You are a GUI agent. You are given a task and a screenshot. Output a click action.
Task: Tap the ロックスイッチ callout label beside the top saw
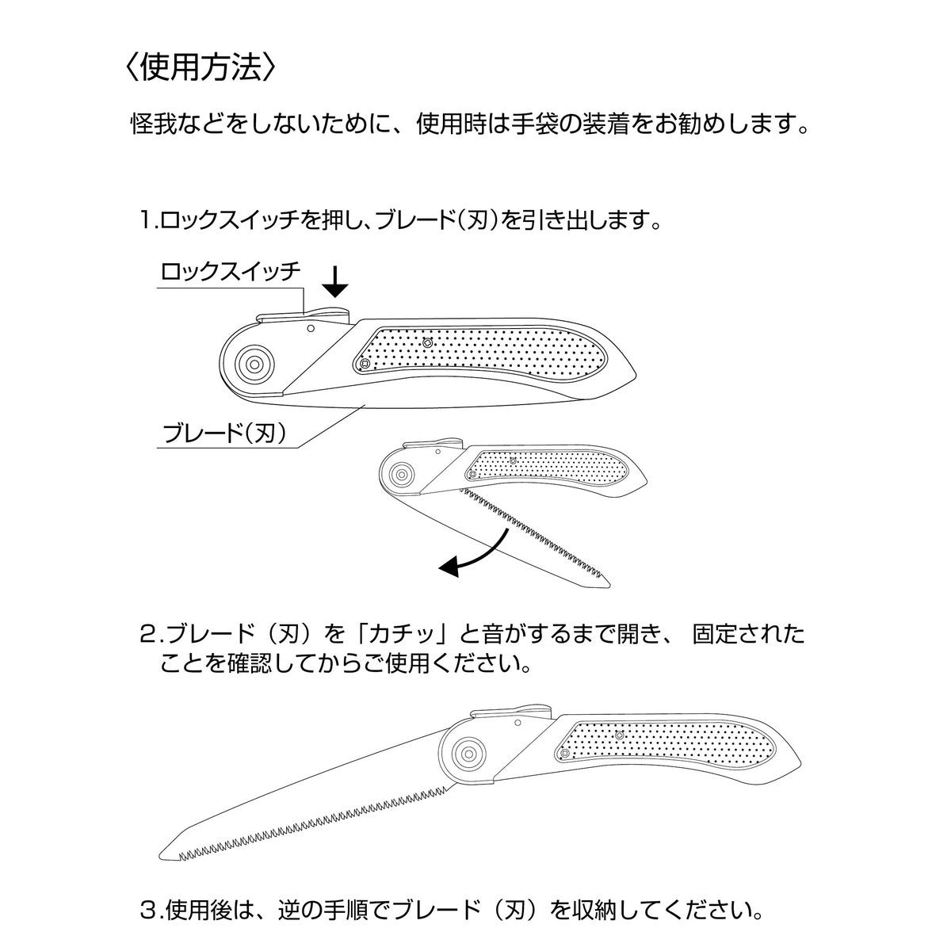click(x=231, y=272)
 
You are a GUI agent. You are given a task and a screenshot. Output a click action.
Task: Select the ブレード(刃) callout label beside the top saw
click(x=224, y=433)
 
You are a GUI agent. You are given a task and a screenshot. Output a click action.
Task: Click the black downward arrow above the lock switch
click(x=335, y=282)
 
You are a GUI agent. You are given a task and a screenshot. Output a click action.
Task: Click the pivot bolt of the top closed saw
click(x=254, y=365)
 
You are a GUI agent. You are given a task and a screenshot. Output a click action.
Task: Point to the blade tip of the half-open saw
click(x=609, y=586)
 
